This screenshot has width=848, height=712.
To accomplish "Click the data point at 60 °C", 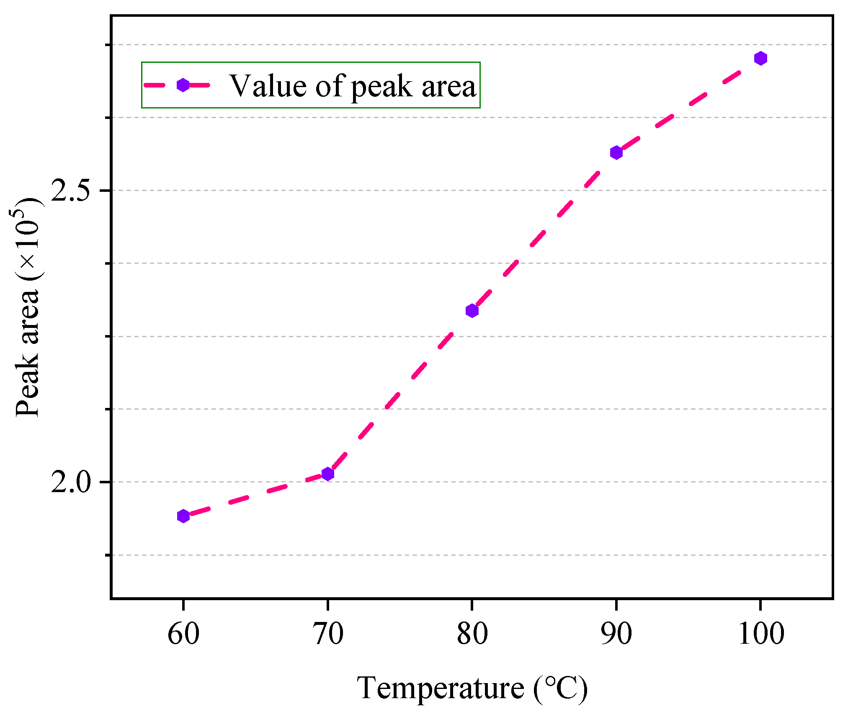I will [183, 516].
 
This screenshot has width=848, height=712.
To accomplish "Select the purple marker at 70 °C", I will [327, 474].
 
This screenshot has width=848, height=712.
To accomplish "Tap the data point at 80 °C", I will [472, 311].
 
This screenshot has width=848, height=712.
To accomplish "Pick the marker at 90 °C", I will [616, 152].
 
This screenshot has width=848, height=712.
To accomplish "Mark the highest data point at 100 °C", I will [760, 58].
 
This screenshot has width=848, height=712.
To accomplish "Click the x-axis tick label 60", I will [183, 634].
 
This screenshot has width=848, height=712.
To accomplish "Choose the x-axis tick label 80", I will [472, 634].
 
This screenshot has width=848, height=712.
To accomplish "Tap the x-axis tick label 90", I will [616, 634].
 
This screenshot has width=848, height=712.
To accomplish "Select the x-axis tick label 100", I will [760, 634].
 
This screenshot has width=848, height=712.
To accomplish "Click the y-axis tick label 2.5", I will [70, 191].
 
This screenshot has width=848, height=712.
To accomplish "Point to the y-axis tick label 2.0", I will [70, 482].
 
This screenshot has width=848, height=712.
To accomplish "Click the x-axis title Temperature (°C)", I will [472, 688].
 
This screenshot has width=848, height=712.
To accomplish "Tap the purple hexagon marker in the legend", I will [183, 85].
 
